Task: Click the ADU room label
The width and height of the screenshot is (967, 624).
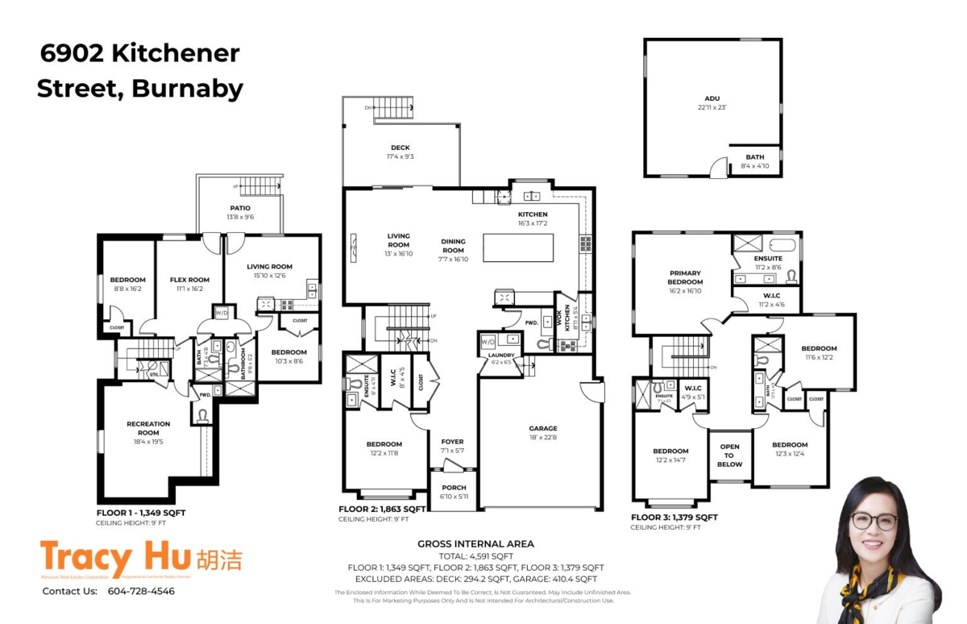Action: tap(712, 99)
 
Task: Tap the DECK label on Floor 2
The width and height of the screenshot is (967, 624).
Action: tap(400, 148)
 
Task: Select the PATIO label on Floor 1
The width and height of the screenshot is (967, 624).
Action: tap(240, 208)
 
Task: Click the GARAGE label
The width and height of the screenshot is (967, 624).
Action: tap(543, 429)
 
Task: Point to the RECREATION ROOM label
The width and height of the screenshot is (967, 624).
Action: tap(148, 428)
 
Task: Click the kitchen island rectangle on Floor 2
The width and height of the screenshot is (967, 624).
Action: tap(518, 248)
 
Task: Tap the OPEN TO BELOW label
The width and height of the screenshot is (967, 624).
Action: tap(729, 456)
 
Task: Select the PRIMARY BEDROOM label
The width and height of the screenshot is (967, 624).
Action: tap(684, 278)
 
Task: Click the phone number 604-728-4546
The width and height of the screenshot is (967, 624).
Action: tap(141, 591)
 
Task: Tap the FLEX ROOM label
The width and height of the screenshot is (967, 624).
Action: tap(189, 280)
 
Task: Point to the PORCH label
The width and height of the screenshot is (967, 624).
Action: tap(454, 488)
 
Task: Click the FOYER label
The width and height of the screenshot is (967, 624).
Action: tap(452, 442)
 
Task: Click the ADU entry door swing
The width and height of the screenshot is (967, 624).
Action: tap(716, 168)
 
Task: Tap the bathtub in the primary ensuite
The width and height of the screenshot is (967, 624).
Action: tap(782, 245)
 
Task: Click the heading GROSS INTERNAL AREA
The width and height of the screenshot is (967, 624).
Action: tap(475, 544)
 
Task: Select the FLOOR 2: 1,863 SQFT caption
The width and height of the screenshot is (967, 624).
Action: tap(382, 510)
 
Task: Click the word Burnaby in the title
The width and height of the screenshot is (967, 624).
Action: tap(187, 88)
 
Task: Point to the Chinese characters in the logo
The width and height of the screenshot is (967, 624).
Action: tap(218, 560)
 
